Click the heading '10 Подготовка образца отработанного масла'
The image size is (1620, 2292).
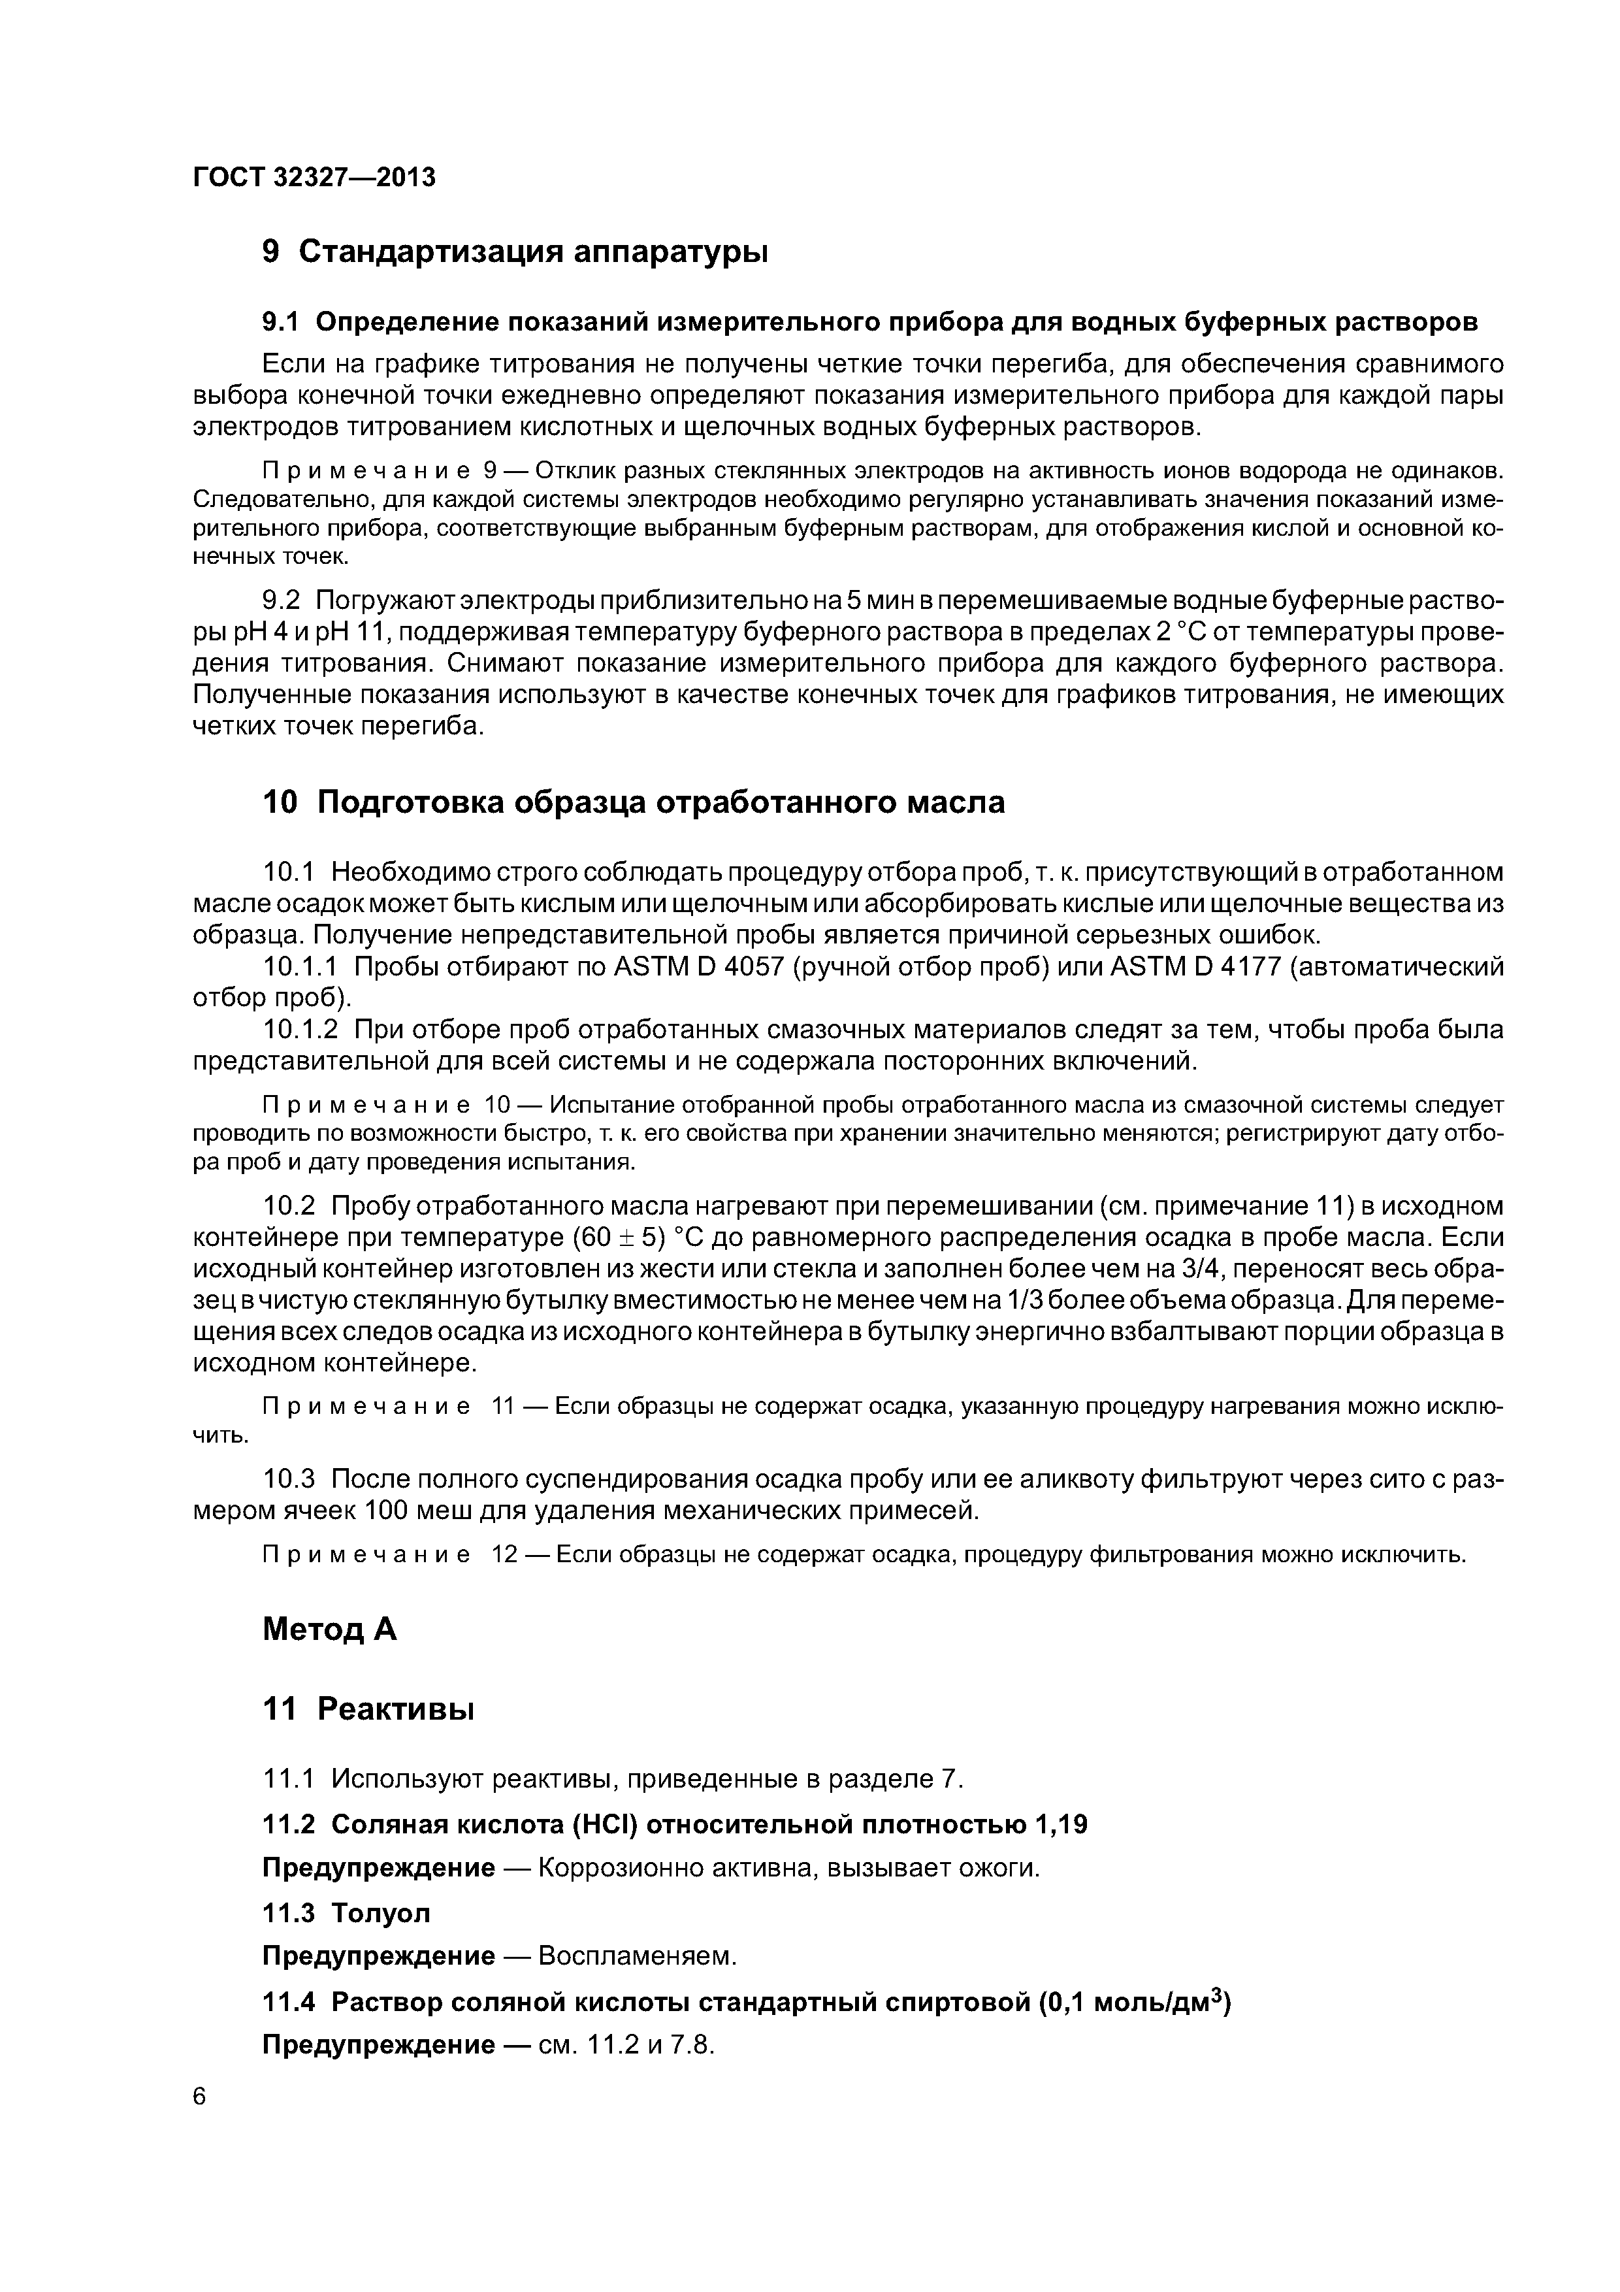(633, 802)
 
